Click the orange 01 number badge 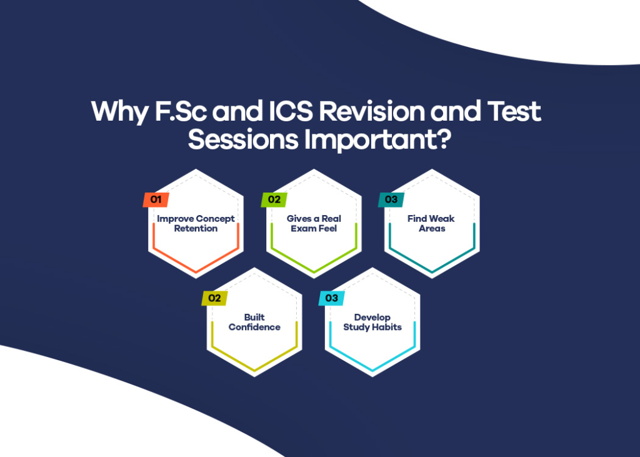[156, 200]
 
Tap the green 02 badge [274, 200]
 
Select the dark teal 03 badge [391, 200]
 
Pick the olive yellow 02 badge [214, 298]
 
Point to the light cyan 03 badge [331, 298]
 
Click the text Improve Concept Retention [196, 224]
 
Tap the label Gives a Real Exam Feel [314, 224]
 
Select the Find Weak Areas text [431, 224]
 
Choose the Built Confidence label [254, 323]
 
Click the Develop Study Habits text [372, 323]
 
